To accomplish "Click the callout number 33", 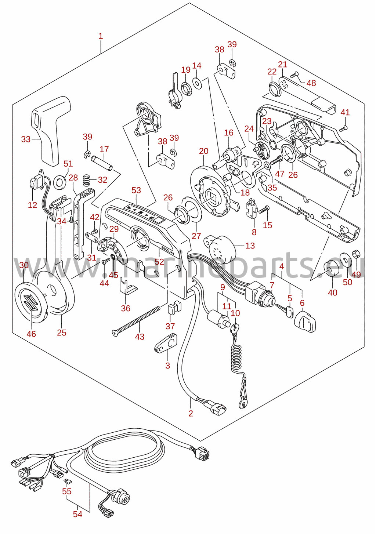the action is pos(26,139).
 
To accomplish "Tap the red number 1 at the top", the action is pos(101,36).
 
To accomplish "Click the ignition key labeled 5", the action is pos(284,310).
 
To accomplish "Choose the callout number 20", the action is pos(203,151).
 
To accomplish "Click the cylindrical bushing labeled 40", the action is pos(332,272).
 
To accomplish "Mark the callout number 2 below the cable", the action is pos(190,413).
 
